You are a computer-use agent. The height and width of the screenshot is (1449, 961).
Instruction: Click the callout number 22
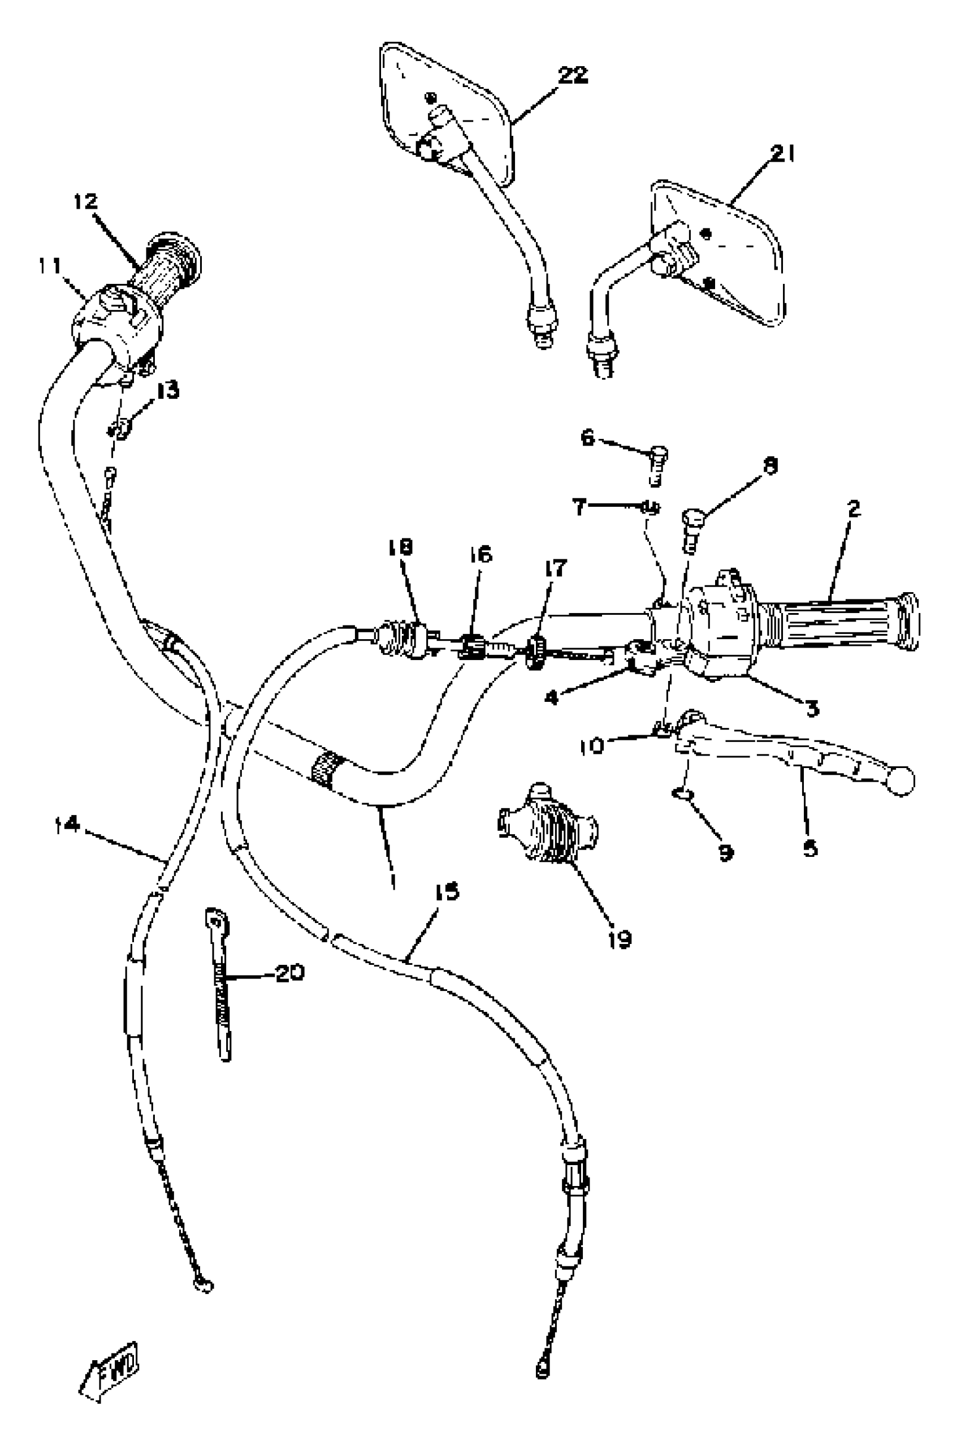573,75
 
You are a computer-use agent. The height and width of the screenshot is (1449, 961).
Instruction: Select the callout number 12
86,201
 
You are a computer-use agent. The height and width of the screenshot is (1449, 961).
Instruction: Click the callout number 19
620,939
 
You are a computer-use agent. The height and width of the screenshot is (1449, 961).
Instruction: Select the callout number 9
726,852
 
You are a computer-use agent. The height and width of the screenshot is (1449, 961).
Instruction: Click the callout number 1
392,881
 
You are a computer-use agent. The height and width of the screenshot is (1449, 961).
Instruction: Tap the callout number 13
167,391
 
